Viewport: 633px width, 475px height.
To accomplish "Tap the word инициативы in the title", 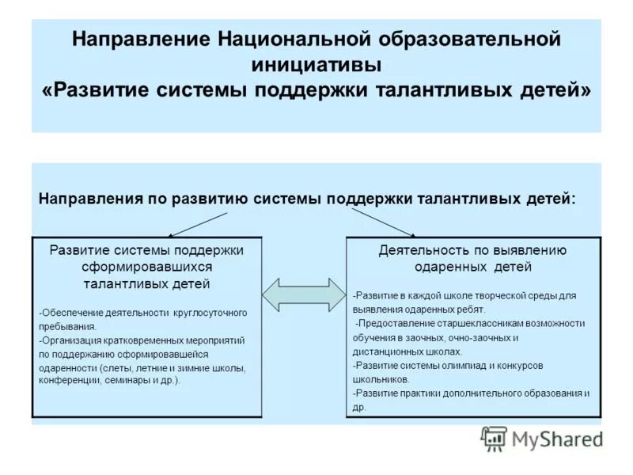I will (316, 64).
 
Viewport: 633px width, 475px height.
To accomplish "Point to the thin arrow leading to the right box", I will (384, 222).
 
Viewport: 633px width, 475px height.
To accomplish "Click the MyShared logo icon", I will (495, 439).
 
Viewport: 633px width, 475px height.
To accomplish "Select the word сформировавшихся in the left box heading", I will (146, 266).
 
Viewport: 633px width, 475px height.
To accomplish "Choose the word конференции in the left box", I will (68, 380).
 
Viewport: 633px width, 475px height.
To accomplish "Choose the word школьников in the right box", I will (381, 379).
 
